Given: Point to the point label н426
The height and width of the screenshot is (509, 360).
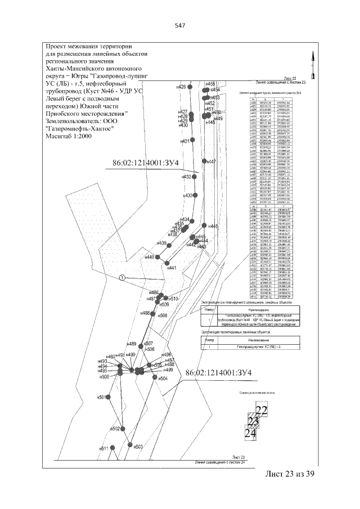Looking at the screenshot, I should tap(181, 87).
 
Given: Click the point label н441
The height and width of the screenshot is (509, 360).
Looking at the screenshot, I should tap(172, 268).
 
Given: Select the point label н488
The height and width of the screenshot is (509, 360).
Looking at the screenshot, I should tap(145, 313).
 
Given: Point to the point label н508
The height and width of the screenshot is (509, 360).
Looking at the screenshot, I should tap(163, 316).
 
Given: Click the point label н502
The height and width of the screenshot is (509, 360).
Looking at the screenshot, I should tap(115, 429).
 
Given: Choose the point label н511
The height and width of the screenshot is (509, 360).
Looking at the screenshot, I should tap(103, 448).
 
